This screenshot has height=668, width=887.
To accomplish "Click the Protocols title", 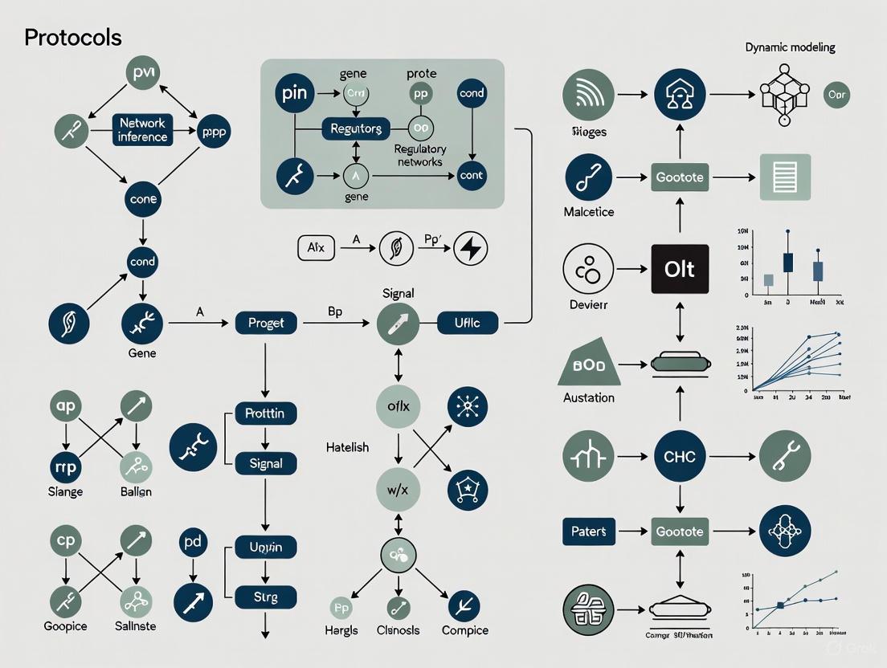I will [x=73, y=38].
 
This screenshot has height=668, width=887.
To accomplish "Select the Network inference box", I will [x=142, y=130].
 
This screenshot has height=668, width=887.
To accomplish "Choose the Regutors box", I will [x=356, y=128].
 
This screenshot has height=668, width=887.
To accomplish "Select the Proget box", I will [x=266, y=324].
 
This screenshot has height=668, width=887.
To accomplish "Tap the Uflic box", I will [x=468, y=324].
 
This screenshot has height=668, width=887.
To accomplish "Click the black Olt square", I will [x=679, y=269].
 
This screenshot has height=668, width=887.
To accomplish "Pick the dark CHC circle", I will [x=679, y=457].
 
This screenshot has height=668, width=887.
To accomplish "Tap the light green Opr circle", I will [x=837, y=95].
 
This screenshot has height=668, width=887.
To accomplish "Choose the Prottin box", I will [x=265, y=414].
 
